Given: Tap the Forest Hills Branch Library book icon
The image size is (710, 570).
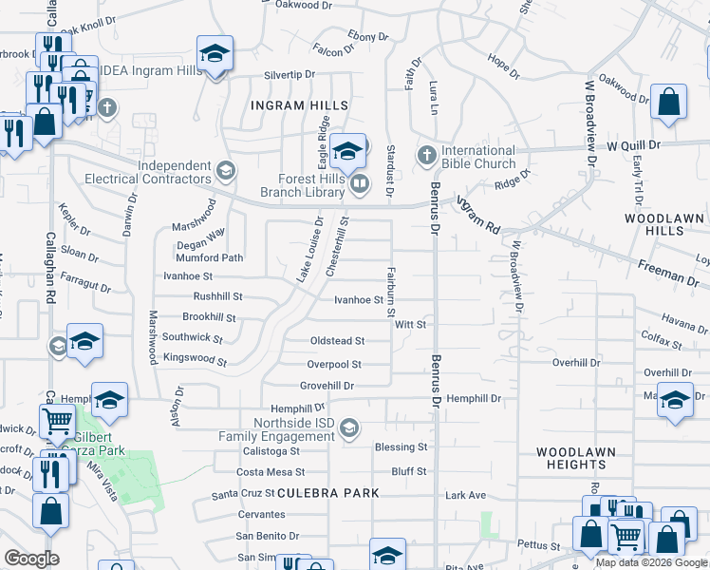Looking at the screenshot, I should tap(358, 184).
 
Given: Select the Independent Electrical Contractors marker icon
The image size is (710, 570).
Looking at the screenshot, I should tap(225, 172).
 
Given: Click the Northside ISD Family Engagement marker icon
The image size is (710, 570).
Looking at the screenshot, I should tap(350, 428).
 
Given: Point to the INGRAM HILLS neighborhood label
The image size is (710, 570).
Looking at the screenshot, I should tap(299, 104).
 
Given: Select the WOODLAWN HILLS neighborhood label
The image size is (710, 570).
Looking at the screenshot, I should tap(663, 224).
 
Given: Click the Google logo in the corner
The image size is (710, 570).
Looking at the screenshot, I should tap(31, 559).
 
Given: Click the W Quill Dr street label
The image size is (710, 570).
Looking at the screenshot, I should tap(633, 145).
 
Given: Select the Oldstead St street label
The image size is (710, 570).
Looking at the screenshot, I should tap(337, 341).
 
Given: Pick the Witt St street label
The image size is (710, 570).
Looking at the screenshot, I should tap(411, 324).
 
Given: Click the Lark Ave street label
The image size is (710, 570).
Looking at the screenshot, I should tap(465, 495).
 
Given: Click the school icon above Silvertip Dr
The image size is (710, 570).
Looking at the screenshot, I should tap(215, 53).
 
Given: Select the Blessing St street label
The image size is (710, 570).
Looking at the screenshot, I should tap(402, 446).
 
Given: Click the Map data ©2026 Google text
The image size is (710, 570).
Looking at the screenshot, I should tap(651, 562).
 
